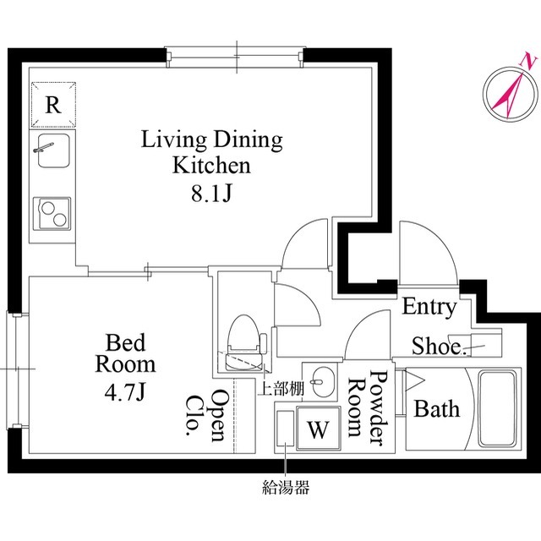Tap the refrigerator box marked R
pos(53,105)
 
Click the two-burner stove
pos(53,212)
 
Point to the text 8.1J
pos(211,194)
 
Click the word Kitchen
pos(211,166)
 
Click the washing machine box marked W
pos(317,429)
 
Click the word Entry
pos(429,307)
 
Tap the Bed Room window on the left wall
pos(14,369)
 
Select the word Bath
pos(437,410)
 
